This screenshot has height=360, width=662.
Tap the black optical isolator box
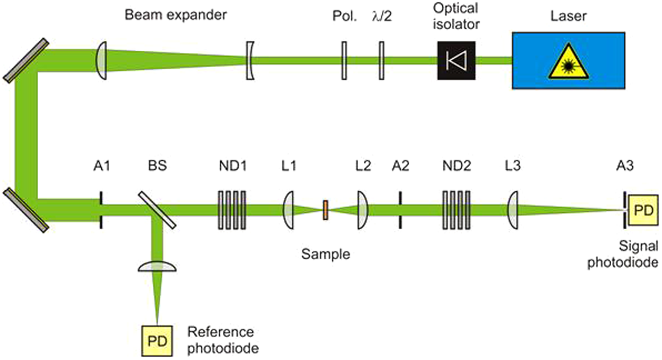tap(456, 60)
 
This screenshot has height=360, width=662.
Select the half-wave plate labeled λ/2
tap(381, 60)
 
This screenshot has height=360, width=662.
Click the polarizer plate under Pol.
tap(344, 60)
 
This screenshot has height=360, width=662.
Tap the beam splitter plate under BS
tap(157, 210)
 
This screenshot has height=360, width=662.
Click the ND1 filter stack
tap(232, 210)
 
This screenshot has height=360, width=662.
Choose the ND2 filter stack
tap(456, 210)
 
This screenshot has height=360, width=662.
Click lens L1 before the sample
tap(289, 210)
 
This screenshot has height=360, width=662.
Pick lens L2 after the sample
tap(363, 210)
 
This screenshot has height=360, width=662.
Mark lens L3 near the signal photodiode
tap(513, 210)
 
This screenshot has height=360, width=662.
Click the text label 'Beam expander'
tap(175, 15)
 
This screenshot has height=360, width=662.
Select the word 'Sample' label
tap(326, 254)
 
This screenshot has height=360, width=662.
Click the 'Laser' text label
tap(568, 16)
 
